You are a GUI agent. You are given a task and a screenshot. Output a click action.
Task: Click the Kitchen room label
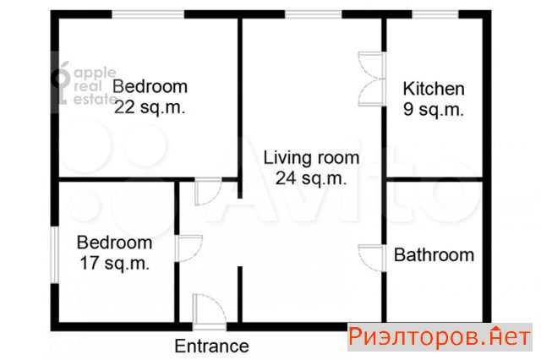coord(434,89)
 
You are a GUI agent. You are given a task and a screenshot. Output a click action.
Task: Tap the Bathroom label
coord(434,255)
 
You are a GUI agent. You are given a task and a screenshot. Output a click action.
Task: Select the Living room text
coord(311,158)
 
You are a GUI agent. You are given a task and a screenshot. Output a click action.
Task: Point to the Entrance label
coord(211,346)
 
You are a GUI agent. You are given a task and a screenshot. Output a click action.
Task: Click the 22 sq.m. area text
coord(150,107)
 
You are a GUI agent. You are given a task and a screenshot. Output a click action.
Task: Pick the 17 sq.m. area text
coord(115,264)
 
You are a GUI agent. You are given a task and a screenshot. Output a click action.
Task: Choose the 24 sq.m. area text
coord(311,178)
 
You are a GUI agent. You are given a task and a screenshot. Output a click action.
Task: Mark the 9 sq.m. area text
coord(434,110)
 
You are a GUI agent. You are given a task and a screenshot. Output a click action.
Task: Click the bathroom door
coord(372,258)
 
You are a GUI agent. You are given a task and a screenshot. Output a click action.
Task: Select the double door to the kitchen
coord(372,79)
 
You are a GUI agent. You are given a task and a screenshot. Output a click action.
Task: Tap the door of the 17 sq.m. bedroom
coord(189,248)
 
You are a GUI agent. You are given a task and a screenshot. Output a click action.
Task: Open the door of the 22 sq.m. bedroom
coord(208,192)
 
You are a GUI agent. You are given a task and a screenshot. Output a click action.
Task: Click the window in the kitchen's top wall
coord(435,14)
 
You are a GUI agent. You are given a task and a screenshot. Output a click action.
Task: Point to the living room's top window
coord(314,14)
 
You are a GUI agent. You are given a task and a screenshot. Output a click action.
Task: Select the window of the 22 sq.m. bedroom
coord(148,14)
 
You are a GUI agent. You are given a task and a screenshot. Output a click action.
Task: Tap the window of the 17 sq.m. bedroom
coord(54,255)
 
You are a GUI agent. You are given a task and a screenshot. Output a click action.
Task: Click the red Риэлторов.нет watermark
coord(440,337)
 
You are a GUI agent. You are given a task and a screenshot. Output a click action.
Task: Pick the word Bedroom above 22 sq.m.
coord(150,86)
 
